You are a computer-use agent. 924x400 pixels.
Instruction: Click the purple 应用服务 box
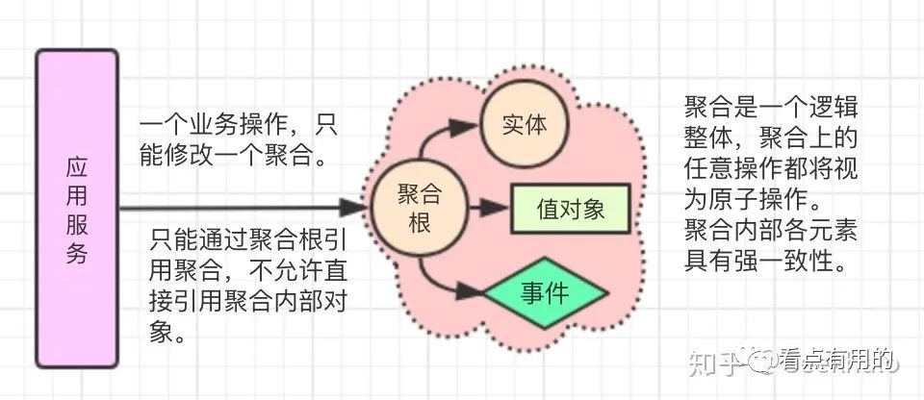pos(76,210)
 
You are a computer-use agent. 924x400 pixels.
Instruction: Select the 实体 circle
pos(526,126)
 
